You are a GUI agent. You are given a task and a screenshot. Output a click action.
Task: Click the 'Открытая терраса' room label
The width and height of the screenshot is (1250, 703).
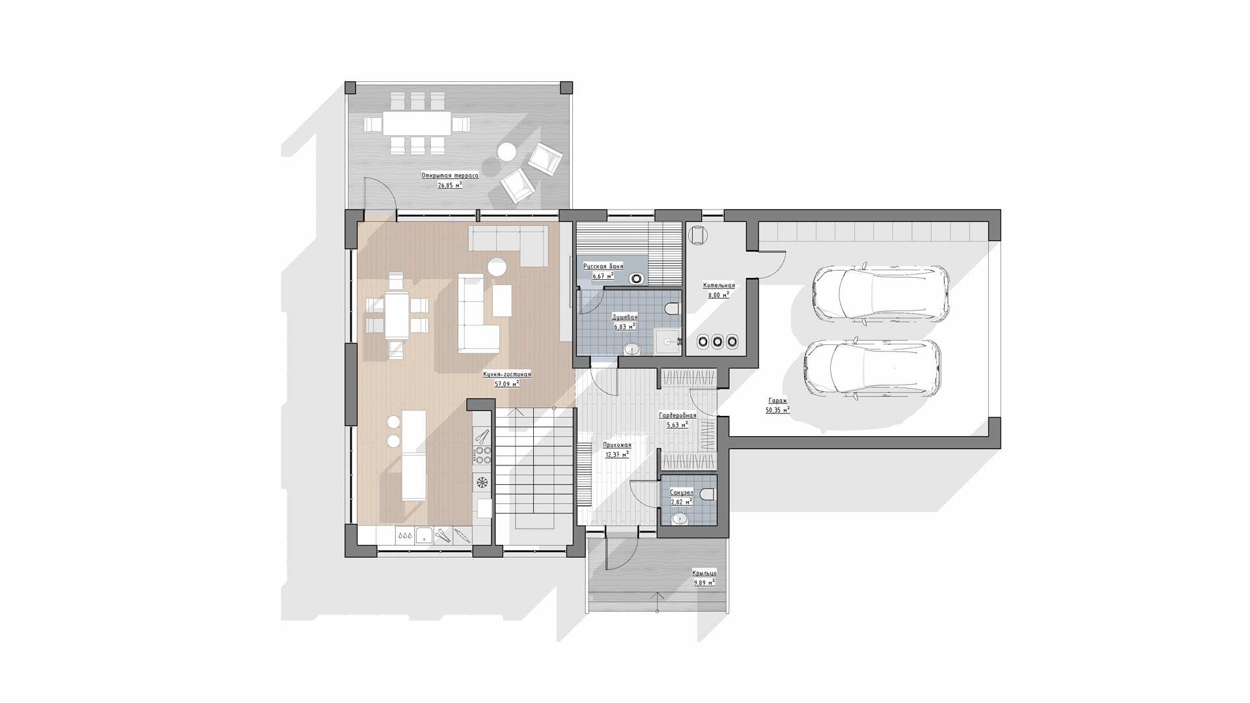tap(450, 176)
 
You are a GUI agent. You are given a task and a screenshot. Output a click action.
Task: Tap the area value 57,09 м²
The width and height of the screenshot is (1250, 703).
tap(507, 383)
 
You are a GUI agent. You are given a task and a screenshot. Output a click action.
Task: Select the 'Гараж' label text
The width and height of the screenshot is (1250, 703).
tap(777, 402)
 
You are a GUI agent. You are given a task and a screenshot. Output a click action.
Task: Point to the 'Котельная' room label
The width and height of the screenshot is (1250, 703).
tap(719, 285)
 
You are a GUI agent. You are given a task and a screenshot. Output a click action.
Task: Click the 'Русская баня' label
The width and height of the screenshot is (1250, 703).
tap(603, 266)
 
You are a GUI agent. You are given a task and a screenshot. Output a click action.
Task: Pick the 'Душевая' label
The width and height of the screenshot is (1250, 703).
tap(624, 317)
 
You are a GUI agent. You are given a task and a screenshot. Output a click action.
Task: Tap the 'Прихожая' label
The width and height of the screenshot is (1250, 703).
tap(617, 445)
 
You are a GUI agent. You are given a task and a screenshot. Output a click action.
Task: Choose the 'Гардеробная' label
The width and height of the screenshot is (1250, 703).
tap(678, 415)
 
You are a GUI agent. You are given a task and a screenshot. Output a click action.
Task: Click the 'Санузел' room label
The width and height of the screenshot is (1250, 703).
tap(681, 492)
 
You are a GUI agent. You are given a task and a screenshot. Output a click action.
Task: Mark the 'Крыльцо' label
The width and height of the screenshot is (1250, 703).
tap(704, 573)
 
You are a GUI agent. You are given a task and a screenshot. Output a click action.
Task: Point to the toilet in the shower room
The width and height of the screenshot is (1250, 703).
tap(673, 307)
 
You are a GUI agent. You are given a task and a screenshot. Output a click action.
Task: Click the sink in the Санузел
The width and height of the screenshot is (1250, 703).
tap(680, 519)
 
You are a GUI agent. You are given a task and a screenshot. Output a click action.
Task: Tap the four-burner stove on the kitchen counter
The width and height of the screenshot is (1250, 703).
tap(482, 455)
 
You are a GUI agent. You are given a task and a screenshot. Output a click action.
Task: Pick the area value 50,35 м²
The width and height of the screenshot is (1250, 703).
tap(778, 410)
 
